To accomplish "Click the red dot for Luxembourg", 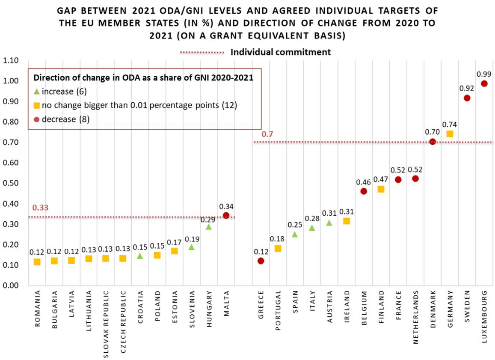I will (484, 84).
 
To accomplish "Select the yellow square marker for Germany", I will (450, 134).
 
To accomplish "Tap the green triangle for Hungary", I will (209, 226).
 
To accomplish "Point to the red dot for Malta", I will (226, 215).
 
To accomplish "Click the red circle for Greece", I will (261, 261).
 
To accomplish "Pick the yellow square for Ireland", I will (347, 221).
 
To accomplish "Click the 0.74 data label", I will (450, 124).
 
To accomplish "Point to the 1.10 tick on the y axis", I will (10, 60).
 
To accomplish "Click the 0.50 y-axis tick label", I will (10, 183).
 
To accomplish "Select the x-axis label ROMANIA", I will (37, 309).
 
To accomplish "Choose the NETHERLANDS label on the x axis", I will (415, 317).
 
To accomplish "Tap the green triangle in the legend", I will (37, 91).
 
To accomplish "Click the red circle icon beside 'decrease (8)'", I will (37, 119).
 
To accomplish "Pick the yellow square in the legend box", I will (37, 105).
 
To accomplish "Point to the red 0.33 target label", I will (41, 208).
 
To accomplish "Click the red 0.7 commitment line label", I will (268, 134).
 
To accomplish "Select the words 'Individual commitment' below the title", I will (281, 52).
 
